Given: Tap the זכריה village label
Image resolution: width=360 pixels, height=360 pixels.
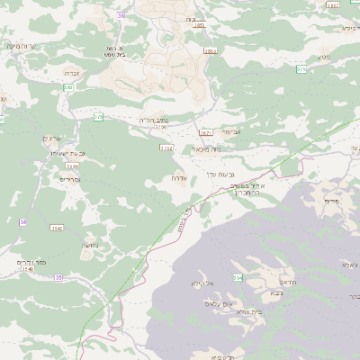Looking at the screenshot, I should [x=74, y=73].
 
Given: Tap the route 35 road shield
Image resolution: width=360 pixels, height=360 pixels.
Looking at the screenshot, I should [x=58, y=278].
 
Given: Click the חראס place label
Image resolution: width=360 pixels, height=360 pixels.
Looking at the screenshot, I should [x=275, y=280].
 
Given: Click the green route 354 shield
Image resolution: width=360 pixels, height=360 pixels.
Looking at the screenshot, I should [x=238, y=277].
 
